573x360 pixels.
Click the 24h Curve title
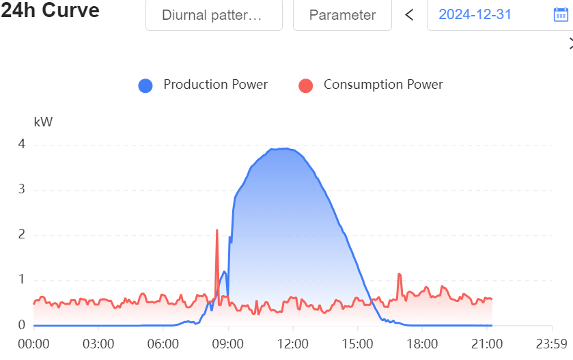[x=51, y=12]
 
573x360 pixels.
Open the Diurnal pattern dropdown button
[x=213, y=15]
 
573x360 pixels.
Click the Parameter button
[x=342, y=15]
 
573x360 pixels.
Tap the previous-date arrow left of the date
[x=409, y=15]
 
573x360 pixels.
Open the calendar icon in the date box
[x=560, y=15]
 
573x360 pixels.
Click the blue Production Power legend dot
[x=145, y=85]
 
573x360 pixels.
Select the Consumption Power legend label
[x=383, y=85]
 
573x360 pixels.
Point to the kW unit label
[x=43, y=122]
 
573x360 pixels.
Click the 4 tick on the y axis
[x=22, y=144]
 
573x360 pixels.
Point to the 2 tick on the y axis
[x=22, y=234]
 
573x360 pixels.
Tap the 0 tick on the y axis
[x=22, y=325]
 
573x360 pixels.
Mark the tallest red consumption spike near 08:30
[x=216, y=231]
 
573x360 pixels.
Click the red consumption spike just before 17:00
[x=399, y=275]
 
